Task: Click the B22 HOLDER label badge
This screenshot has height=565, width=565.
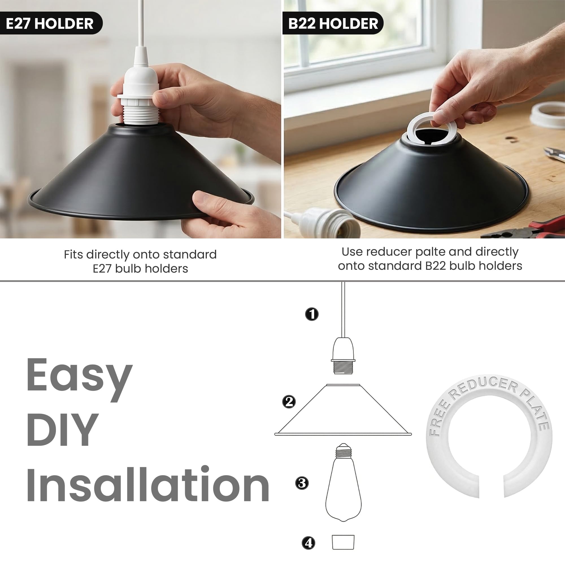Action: [333, 23]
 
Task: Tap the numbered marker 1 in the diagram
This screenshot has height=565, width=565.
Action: [312, 314]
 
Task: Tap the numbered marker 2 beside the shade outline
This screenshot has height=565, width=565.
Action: [289, 401]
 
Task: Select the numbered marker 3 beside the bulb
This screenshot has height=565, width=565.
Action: [302, 483]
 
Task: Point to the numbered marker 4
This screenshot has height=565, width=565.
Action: [308, 543]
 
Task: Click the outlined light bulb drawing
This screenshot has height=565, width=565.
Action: [344, 482]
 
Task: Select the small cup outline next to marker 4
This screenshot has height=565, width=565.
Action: [343, 542]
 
